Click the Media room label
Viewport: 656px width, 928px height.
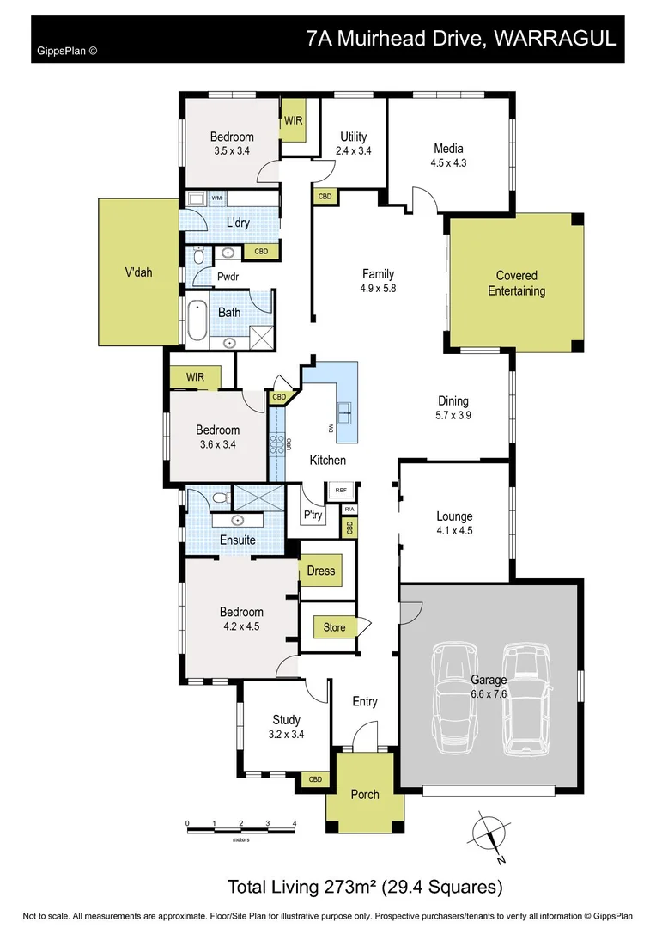click(x=449, y=147)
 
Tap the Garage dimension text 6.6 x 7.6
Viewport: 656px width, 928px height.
click(x=488, y=694)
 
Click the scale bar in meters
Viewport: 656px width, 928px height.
click(x=240, y=827)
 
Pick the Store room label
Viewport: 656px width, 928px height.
click(x=335, y=627)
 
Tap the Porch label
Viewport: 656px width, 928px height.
click(x=365, y=794)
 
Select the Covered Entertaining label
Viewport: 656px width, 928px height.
click(x=516, y=284)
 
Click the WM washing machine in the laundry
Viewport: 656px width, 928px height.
click(x=216, y=198)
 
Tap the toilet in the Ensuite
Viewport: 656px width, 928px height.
click(x=220, y=497)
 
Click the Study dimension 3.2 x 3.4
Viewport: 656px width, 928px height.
click(x=286, y=735)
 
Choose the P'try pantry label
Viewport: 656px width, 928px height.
click(x=312, y=516)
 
